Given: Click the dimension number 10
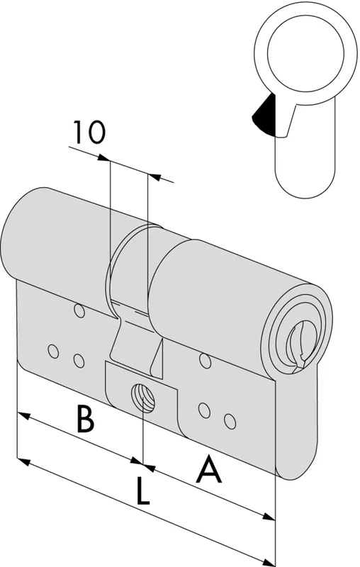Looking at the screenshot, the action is coord(89,132).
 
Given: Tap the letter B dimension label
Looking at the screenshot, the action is coord(85,419).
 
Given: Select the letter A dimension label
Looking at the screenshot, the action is coord(208,469).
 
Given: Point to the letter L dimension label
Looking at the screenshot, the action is coord(143,490).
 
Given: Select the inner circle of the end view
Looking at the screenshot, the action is coord(305,53).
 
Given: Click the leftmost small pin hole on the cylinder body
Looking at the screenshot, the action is coord(53,351).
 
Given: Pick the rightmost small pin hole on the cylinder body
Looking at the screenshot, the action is coord(230,421).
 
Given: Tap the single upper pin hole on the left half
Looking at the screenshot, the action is coord(79,311).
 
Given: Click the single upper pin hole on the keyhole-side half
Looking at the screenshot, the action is coord(206,361).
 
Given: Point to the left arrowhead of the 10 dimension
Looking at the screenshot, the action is coord(103,157).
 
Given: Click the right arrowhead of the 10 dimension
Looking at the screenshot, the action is coord(154,176).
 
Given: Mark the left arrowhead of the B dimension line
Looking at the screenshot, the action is coord(23,415).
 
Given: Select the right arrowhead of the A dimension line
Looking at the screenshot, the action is coord(269,517).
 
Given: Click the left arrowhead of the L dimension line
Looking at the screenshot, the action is coord(23,462).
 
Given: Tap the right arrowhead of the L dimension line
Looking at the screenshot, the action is coord(269,563).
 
